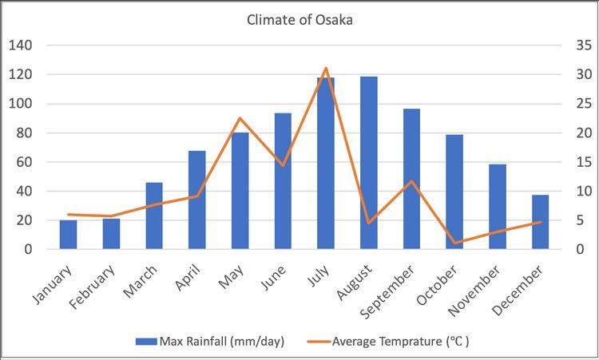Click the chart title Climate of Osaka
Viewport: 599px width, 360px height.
[x=299, y=20]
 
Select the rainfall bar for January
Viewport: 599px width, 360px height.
[x=69, y=235]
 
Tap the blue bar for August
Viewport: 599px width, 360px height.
[x=368, y=163]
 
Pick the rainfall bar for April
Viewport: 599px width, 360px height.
[x=197, y=200]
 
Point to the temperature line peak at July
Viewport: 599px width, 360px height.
[x=326, y=69]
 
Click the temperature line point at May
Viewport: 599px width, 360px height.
[x=240, y=118]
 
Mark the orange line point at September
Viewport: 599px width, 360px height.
[x=411, y=181]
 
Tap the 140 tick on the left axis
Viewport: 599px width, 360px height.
[x=21, y=45]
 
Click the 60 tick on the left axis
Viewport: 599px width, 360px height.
[x=24, y=162]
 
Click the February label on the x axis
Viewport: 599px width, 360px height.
[x=101, y=285]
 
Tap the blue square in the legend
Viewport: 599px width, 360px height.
[x=145, y=342]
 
